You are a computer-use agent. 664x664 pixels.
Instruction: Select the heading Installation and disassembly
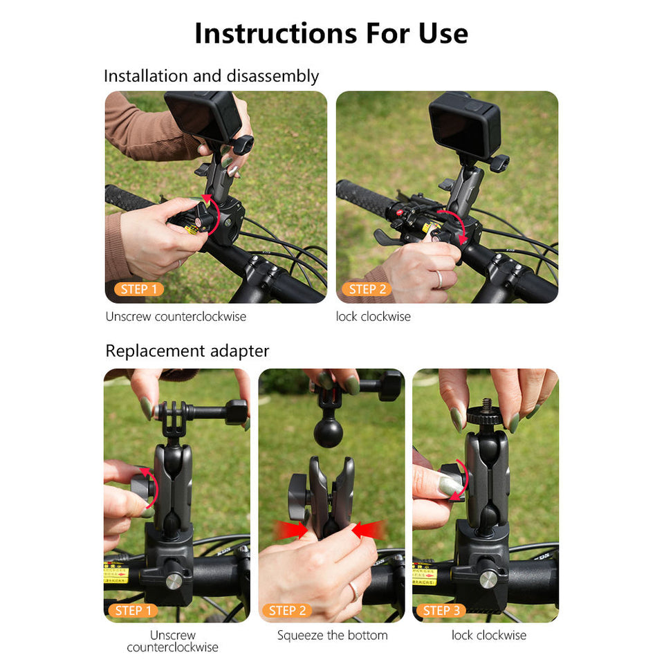pyautogui.click(x=211, y=75)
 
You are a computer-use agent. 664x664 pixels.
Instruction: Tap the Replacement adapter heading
pyautogui.click(x=187, y=351)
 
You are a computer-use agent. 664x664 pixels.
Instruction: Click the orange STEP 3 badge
pyautogui.click(x=441, y=610)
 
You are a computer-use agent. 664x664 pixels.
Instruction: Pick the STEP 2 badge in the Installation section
pyautogui.click(x=367, y=289)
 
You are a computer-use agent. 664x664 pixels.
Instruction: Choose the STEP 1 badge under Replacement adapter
pyautogui.click(x=133, y=610)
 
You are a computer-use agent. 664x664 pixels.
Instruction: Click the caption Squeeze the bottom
pyautogui.click(x=332, y=635)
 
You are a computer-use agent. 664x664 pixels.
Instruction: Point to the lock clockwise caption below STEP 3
pyautogui.click(x=488, y=635)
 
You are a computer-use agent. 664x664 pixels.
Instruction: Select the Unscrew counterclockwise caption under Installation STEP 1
pyautogui.click(x=176, y=317)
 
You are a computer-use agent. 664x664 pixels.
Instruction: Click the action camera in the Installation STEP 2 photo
pyautogui.click(x=464, y=124)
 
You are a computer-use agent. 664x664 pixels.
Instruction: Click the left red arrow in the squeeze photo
pyautogui.click(x=293, y=531)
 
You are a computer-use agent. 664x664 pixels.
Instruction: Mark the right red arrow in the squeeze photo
pyautogui.click(x=368, y=531)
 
